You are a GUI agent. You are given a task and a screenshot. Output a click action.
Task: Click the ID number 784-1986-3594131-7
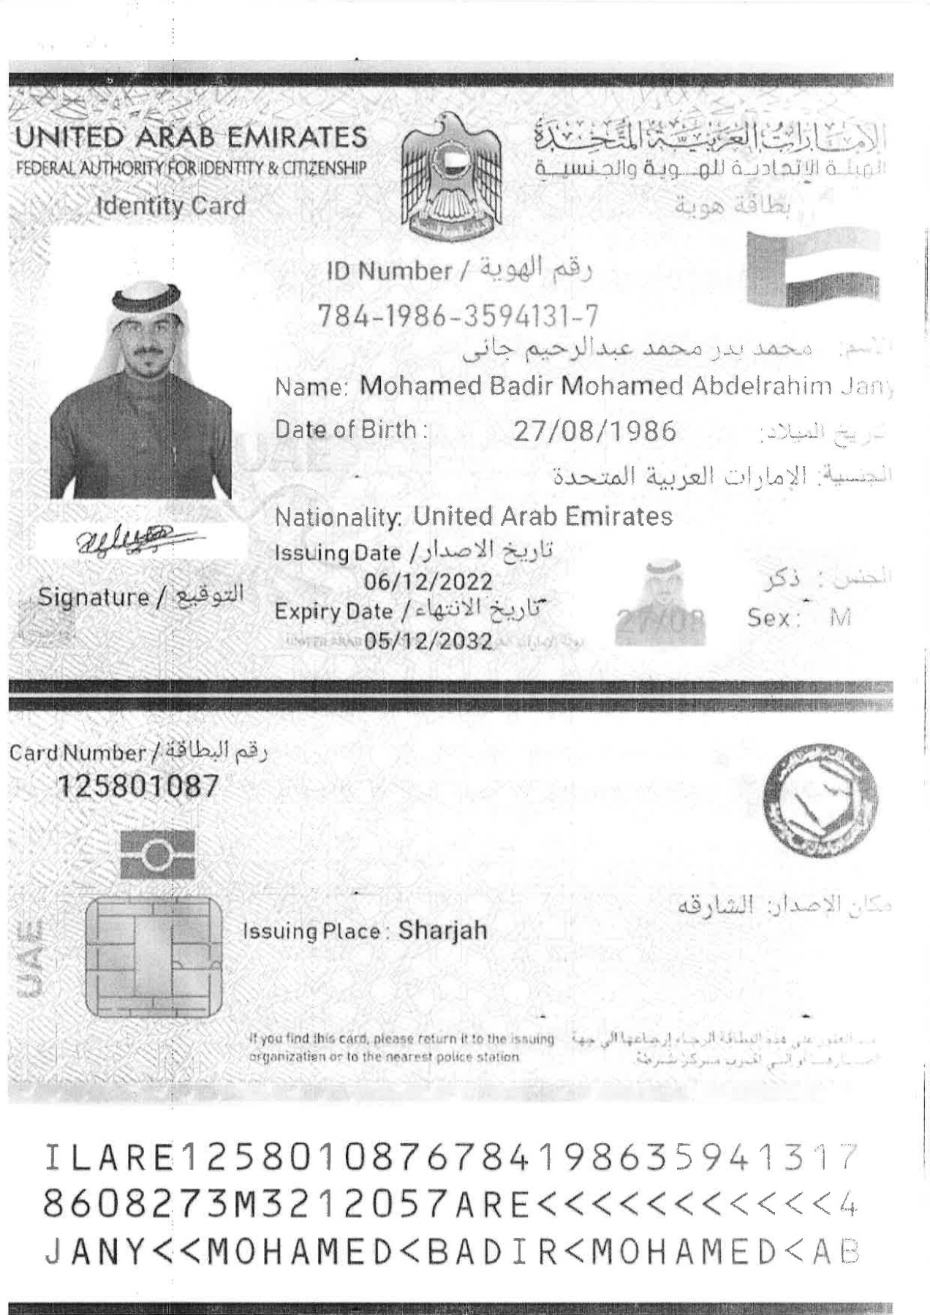[458, 315]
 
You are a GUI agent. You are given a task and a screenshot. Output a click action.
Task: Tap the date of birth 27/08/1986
[594, 431]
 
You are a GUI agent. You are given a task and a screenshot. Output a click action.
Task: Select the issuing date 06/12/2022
[428, 581]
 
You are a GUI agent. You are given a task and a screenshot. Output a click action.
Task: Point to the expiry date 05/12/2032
[428, 641]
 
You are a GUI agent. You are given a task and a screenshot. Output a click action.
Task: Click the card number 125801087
[138, 786]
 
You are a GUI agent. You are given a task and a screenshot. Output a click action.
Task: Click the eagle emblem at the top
[451, 177]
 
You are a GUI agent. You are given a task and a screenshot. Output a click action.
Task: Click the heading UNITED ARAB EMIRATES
[192, 137]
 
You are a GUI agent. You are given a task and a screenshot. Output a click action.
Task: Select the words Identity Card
[172, 206]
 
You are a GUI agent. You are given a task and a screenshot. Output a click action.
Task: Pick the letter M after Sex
[841, 618]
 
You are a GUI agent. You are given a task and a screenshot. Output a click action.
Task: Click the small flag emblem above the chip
[158, 854]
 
